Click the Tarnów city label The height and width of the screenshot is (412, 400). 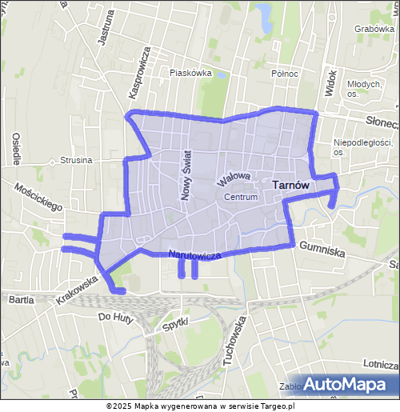click(x=291, y=184)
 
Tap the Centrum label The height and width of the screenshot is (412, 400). click(x=241, y=197)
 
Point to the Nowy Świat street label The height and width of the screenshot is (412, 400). click(x=186, y=175)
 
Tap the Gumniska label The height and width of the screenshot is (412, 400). click(x=322, y=250)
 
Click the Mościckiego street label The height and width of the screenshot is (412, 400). click(x=39, y=195)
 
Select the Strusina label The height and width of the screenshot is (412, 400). click(x=76, y=160)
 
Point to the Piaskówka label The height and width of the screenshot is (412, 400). click(x=190, y=72)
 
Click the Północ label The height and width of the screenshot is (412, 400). click(x=284, y=74)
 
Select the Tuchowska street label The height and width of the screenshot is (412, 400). click(x=233, y=341)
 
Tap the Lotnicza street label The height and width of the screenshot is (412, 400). click(x=380, y=363)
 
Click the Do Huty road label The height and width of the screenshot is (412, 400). click(x=114, y=317)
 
